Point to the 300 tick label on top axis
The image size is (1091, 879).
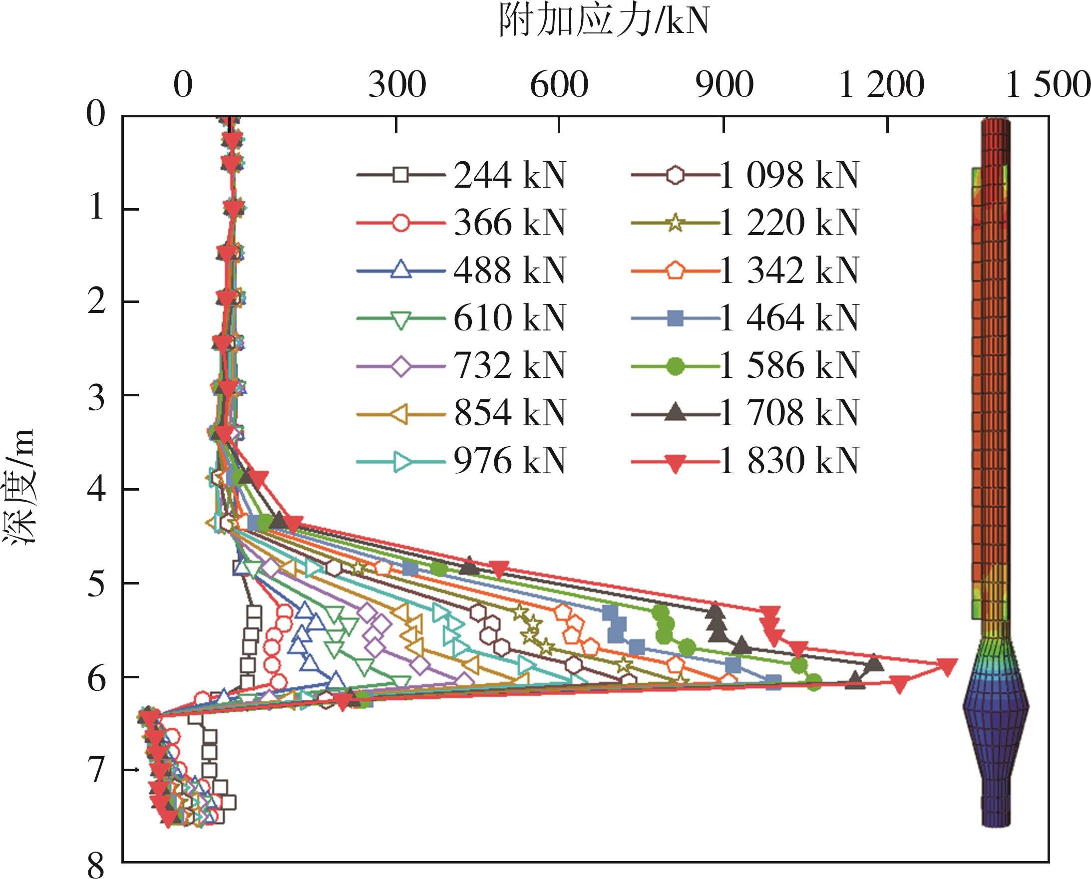396,85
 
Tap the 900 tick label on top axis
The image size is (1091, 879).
724,85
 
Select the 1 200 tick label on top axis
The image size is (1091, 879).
881,85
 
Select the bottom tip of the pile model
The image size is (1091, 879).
996,825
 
